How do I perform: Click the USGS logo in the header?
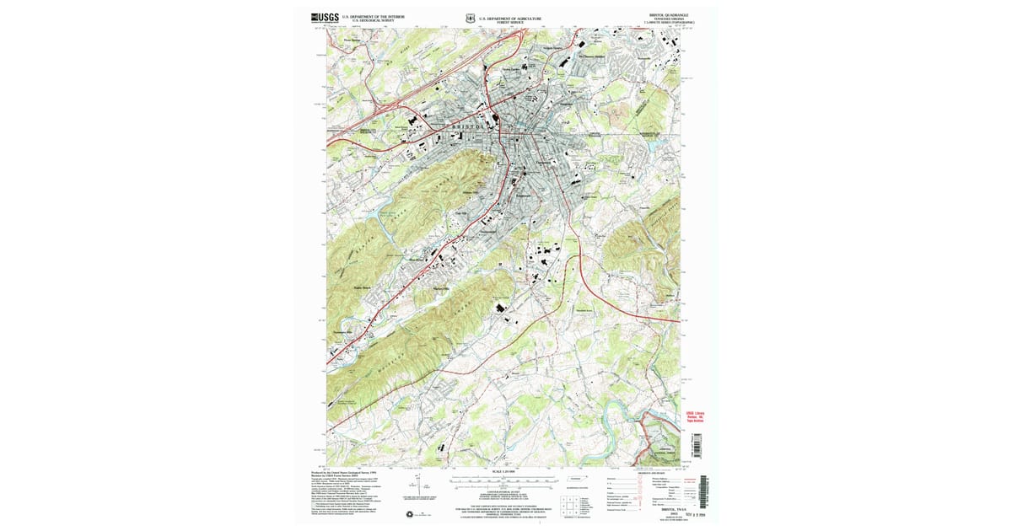(325, 17)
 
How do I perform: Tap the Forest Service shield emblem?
(469, 17)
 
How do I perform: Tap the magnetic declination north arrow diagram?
(418, 487)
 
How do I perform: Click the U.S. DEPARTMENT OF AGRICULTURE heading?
(510, 16)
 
